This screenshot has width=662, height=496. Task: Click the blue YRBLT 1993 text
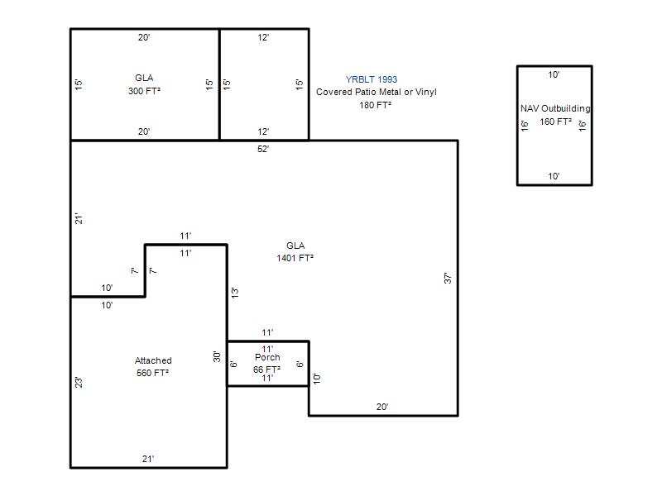pyautogui.click(x=372, y=79)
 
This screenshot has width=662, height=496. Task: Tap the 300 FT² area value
pyautogui.click(x=144, y=91)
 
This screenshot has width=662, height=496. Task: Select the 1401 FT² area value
pyautogui.click(x=295, y=258)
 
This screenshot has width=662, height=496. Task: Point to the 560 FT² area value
pyautogui.click(x=152, y=373)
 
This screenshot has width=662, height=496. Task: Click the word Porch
pyautogui.click(x=267, y=357)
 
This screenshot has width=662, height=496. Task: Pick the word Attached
pyautogui.click(x=153, y=360)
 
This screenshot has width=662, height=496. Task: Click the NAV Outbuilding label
pyautogui.click(x=555, y=108)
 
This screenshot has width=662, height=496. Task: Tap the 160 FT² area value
pyautogui.click(x=555, y=122)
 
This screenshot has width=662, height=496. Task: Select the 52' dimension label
pyautogui.click(x=263, y=149)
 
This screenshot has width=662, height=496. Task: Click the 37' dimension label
pyautogui.click(x=448, y=278)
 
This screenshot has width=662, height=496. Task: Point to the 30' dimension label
pyautogui.click(x=217, y=357)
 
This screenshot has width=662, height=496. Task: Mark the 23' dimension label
pyautogui.click(x=79, y=383)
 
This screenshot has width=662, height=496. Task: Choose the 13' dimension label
pyautogui.click(x=235, y=293)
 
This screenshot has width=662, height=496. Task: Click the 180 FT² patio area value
pyautogui.click(x=376, y=105)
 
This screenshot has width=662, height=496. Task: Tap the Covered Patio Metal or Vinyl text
pyautogui.click(x=377, y=92)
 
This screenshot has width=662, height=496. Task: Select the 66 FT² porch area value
pyautogui.click(x=266, y=370)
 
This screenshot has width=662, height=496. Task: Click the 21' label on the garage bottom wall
pyautogui.click(x=148, y=459)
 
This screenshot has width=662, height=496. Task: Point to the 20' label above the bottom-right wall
pyautogui.click(x=382, y=407)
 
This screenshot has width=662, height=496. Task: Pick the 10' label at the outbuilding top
pyautogui.click(x=554, y=74)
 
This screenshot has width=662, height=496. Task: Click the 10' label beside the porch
pyautogui.click(x=317, y=379)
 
